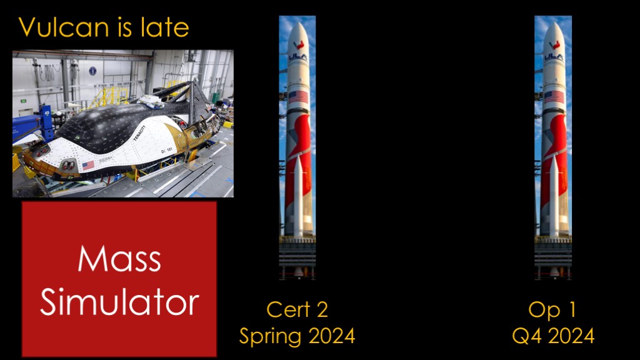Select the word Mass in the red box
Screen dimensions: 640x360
(119, 259)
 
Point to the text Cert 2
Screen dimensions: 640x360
(297, 309)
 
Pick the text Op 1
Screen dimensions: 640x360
(552, 310)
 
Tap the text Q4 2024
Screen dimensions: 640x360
(553, 336)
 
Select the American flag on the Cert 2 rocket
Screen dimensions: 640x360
(298, 97)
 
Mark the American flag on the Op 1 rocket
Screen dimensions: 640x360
(554, 97)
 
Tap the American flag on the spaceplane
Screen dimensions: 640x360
(88, 165)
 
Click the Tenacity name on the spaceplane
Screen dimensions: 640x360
(139, 134)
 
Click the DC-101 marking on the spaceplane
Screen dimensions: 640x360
(166, 150)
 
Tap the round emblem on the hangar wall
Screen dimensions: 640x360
(92, 71)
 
